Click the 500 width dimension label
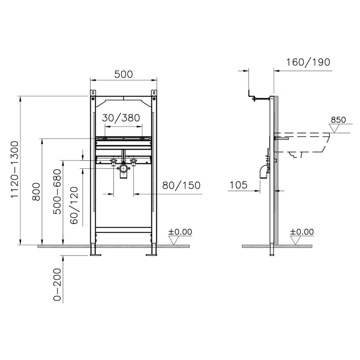pos(123,74)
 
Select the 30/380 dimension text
pos(121,118)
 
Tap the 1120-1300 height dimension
pos(15,170)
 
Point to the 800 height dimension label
pos(36,192)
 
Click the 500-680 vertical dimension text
pos(57,192)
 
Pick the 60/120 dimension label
pos(74,206)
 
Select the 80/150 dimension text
pos(181,185)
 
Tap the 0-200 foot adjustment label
pos(57,285)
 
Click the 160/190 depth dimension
pos(308,62)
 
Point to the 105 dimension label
pos(238,185)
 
